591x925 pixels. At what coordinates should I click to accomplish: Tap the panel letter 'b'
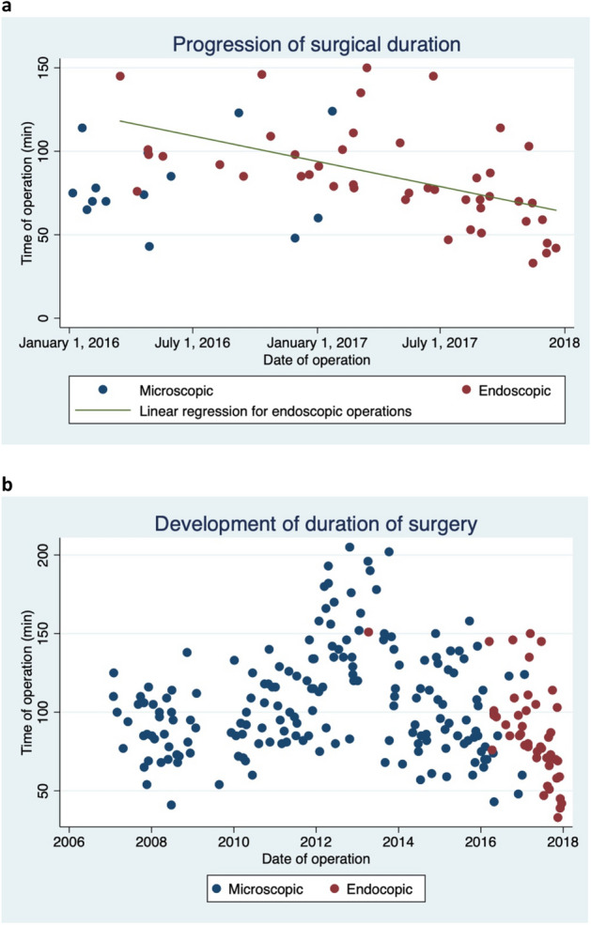(x=8, y=486)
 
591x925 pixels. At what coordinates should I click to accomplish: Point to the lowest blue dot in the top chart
(x=148, y=246)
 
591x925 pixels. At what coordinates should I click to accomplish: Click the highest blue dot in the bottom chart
(x=350, y=547)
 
